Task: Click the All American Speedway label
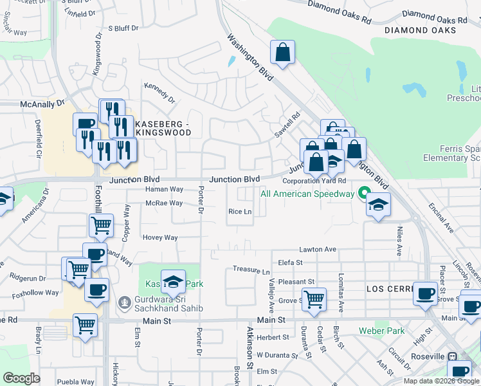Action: (307, 194)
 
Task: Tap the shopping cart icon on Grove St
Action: (314, 299)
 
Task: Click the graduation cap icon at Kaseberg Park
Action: (173, 281)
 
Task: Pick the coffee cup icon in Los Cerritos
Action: (424, 293)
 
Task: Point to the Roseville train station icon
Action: (452, 356)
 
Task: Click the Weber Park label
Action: (382, 331)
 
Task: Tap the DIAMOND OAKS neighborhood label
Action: (421, 30)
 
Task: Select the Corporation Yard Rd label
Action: (314, 181)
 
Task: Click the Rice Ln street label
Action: (239, 212)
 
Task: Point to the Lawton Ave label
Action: (318, 249)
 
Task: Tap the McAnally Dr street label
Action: (42, 103)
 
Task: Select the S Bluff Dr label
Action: (123, 28)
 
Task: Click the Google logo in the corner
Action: (21, 378)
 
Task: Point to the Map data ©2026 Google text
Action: (441, 381)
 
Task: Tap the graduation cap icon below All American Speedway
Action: (378, 206)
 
